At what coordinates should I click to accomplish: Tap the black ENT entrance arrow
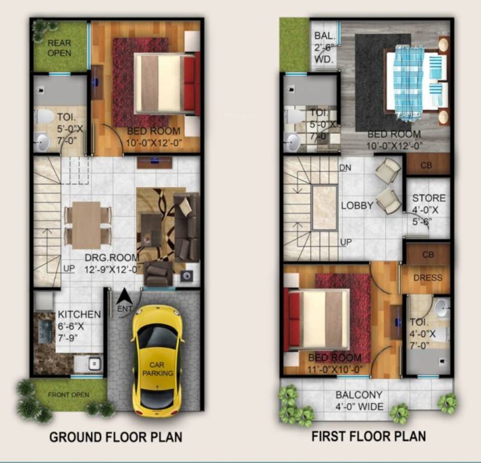pos(125,297)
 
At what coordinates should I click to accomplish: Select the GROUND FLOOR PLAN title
pos(116,436)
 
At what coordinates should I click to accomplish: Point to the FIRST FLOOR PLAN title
pos(368,436)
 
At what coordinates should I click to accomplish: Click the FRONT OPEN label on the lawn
pos(69,395)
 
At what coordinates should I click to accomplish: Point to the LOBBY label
pos(357,205)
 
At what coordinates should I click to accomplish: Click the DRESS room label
pos(429,278)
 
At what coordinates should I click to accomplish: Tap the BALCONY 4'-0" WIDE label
pos(359,401)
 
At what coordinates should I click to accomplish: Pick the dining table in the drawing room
pos(86,224)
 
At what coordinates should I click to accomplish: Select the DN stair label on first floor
pos(345,167)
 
